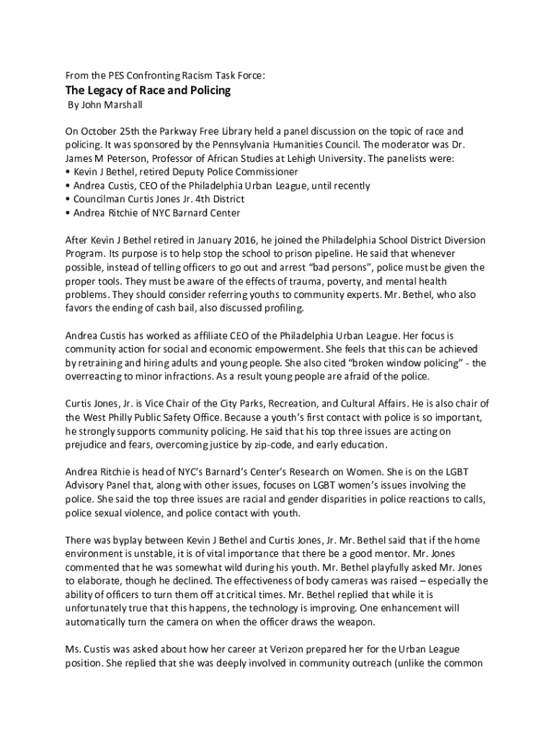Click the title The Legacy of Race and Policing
(148, 91)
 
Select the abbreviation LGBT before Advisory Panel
(453, 471)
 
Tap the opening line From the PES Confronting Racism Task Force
(165, 75)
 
